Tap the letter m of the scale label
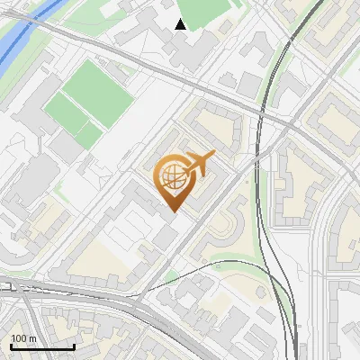[x=32, y=338]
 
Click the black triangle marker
[x=181, y=24]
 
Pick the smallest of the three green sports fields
[x=89, y=135]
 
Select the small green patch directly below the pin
[x=172, y=274]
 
